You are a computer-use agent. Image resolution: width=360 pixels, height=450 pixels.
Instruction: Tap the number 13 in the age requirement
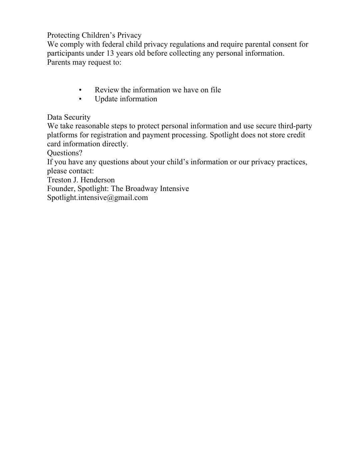[110, 53]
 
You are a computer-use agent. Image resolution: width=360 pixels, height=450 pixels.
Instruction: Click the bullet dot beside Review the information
[80, 90]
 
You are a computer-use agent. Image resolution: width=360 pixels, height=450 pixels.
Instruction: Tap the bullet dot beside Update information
[80, 99]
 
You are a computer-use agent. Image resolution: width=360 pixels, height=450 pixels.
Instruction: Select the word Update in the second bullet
[106, 99]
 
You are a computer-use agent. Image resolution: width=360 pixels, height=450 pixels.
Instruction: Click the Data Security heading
[69, 117]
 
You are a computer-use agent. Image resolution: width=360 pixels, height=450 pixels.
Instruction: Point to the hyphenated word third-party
[295, 126]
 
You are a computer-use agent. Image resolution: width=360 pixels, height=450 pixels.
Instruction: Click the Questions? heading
[65, 153]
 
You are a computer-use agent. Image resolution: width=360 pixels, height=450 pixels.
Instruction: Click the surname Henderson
[98, 180]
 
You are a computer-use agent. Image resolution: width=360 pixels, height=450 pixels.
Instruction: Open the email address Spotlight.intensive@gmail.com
[97, 198]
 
